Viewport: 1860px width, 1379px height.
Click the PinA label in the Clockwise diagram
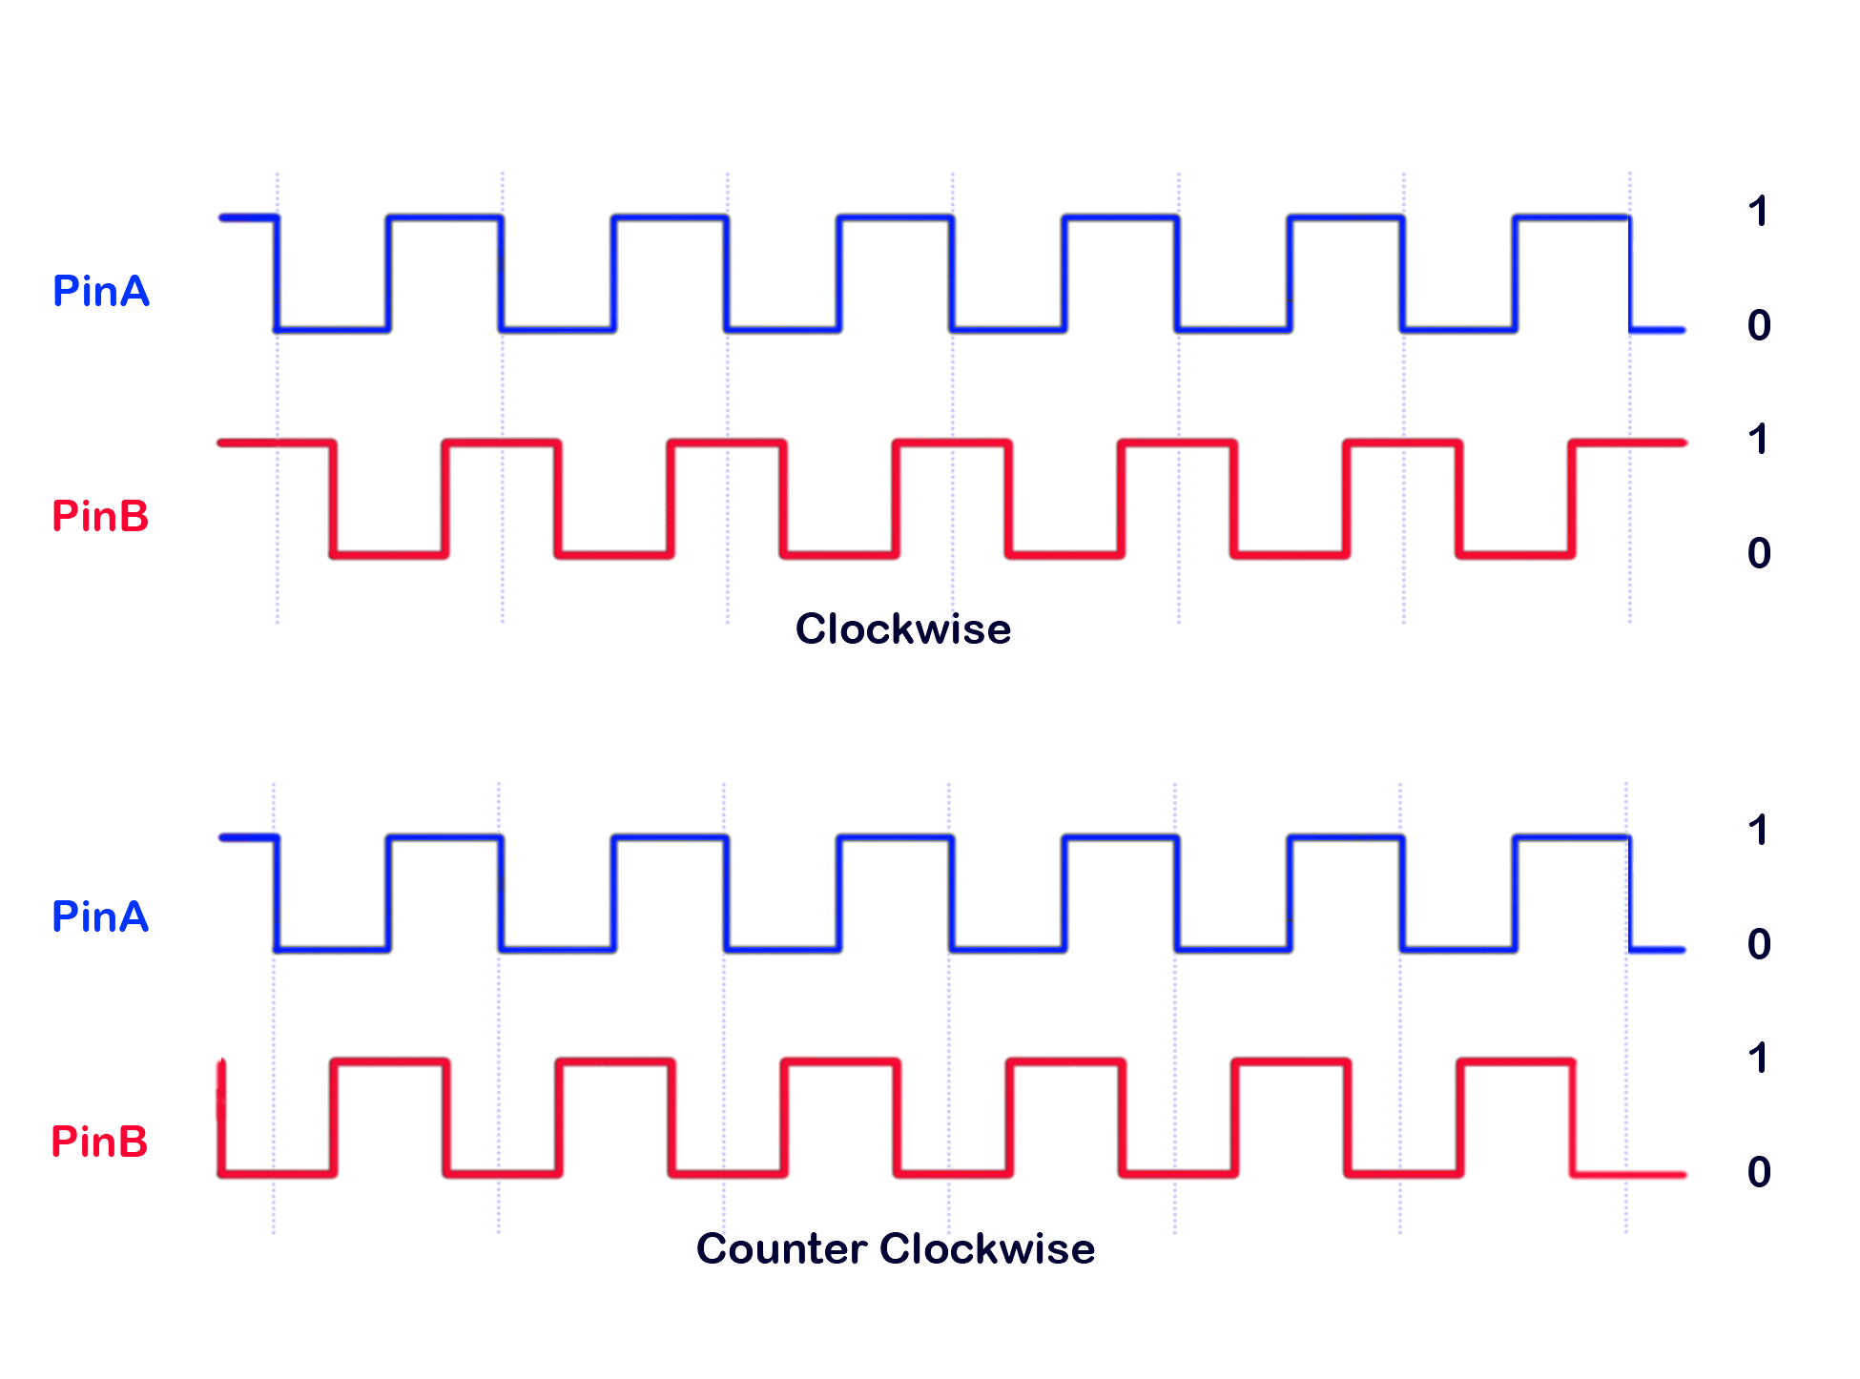101,291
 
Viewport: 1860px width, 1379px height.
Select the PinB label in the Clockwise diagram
100,516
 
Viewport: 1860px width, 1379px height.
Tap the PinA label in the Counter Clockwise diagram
100,916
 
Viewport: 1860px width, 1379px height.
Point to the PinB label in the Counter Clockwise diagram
99,1142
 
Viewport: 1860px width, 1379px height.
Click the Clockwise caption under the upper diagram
902,629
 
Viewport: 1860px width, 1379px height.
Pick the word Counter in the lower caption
781,1249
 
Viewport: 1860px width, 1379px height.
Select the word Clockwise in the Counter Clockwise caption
987,1249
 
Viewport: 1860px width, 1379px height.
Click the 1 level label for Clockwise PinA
1758,212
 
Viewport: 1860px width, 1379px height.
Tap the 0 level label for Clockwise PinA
1759,326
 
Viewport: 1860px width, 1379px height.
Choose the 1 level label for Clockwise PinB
1758,440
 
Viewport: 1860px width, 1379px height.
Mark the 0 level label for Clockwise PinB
1759,554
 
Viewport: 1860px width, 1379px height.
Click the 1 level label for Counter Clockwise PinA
1758,831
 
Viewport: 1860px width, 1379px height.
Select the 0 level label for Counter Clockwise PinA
1759,945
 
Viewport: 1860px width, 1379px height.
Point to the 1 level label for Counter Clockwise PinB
1758,1059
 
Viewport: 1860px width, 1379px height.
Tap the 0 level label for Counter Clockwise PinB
1759,1173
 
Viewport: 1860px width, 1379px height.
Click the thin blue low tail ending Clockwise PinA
1658,330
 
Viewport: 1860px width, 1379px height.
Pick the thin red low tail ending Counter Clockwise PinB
1629,1174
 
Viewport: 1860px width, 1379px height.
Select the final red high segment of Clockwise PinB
1628,443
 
